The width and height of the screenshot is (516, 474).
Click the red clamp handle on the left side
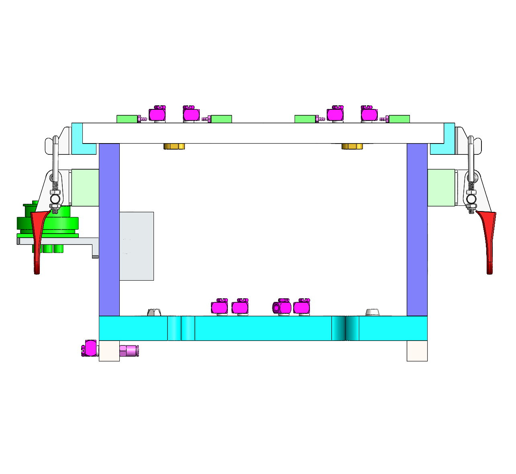(x=37, y=241)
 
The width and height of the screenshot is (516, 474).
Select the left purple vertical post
(x=109, y=229)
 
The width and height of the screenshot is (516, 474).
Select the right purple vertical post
(x=417, y=229)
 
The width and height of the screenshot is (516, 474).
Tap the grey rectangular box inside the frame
(x=137, y=246)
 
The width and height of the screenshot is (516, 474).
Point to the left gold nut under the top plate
(x=174, y=146)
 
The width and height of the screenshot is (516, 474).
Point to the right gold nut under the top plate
(x=352, y=146)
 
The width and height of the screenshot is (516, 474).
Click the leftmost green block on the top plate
(x=127, y=119)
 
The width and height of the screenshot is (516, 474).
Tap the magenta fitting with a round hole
(x=282, y=308)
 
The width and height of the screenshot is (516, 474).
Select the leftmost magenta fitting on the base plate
(x=219, y=308)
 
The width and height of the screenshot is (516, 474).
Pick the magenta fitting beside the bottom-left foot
(x=90, y=348)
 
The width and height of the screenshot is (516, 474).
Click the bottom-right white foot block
(x=417, y=351)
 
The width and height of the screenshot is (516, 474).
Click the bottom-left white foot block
(x=109, y=351)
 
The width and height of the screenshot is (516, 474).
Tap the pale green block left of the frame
(x=85, y=188)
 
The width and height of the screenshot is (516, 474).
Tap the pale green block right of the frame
(x=441, y=188)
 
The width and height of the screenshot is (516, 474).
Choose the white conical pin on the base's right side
(x=373, y=312)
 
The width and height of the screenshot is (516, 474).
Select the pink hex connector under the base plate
(x=129, y=351)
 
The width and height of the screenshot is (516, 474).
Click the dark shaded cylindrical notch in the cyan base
(x=345, y=328)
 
